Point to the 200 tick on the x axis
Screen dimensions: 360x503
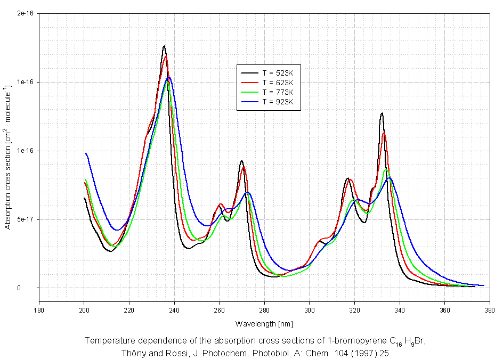[x=84, y=309]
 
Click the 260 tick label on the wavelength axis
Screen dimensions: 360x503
[x=220, y=309]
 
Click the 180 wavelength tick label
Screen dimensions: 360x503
[x=39, y=309]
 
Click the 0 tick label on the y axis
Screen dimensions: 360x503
[x=32, y=288]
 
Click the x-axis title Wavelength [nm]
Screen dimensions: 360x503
[x=264, y=324]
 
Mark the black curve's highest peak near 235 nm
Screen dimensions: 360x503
[x=164, y=46]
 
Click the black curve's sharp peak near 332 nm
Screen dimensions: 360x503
[x=382, y=113]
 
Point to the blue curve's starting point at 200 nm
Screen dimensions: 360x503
[x=85, y=153]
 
